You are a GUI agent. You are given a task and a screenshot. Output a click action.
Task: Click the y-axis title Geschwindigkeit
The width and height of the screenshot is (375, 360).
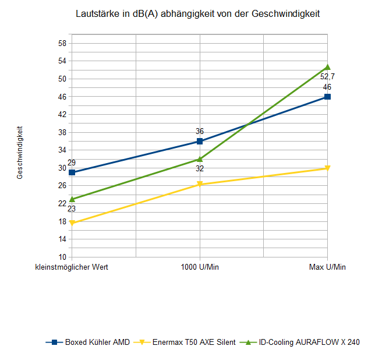20,153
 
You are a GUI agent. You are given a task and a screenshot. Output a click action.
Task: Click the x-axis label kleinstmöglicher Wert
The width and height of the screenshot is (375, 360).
72,267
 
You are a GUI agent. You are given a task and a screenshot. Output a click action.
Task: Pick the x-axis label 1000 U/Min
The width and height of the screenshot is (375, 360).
200,267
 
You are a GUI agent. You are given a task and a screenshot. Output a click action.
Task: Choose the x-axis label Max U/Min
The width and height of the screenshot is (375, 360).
327,267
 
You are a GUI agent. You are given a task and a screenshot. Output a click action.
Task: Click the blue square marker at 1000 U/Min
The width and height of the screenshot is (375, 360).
200,141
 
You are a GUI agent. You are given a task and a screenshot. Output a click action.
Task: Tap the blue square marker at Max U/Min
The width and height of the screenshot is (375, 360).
327,97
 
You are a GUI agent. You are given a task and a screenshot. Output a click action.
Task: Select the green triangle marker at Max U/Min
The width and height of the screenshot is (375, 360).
327,67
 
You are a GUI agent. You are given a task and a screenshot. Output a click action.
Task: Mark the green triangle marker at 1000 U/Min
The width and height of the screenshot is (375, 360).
200,158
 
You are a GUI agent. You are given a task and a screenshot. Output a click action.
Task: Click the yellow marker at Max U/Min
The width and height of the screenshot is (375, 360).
327,168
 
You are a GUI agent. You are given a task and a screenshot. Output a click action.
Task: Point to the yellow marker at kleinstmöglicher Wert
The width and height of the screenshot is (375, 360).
72,223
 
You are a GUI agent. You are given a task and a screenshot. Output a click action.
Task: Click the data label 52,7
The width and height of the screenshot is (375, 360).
327,76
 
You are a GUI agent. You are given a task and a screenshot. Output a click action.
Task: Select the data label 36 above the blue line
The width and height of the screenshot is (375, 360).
200,131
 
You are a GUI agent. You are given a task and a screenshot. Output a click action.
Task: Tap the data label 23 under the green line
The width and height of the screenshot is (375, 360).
72,209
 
